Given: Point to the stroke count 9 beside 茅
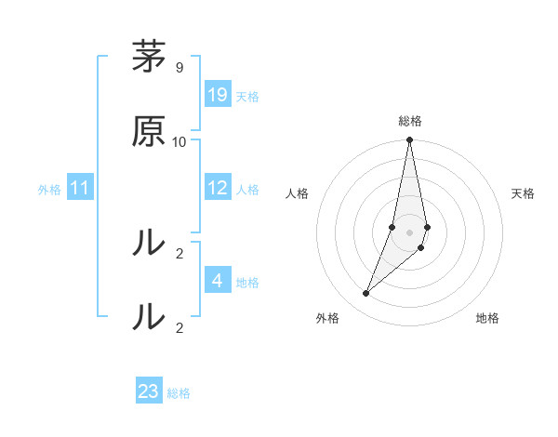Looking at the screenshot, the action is (179, 68).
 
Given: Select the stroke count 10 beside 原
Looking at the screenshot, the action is (179, 141).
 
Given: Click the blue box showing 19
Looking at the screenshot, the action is (218, 95).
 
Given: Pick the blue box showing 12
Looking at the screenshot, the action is (218, 189).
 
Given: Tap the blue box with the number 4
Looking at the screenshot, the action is (218, 282).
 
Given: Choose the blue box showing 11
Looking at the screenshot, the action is (80, 189).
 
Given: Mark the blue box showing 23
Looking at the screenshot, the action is (149, 391).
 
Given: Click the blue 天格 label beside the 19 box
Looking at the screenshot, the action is (247, 97).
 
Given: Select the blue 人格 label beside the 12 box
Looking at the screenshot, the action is (247, 190).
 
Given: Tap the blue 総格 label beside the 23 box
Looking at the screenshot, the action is (179, 393).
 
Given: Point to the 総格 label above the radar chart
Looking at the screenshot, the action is (410, 121).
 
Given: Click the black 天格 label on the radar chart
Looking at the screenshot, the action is (524, 193).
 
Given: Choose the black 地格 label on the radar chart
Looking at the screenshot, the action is (487, 318).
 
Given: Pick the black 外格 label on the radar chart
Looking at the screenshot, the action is (327, 318).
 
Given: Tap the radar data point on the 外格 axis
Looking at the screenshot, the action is (366, 294).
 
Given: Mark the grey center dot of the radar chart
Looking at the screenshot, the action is (410, 232).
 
